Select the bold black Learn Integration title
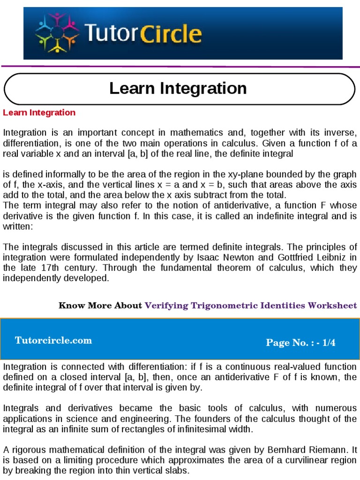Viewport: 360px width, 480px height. tap(178, 88)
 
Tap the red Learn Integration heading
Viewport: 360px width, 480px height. tap(39, 112)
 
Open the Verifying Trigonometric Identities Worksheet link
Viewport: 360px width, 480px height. tap(251, 306)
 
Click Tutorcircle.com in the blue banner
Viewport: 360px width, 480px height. tap(53, 340)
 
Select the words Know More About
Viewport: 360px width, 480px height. tap(100, 306)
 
